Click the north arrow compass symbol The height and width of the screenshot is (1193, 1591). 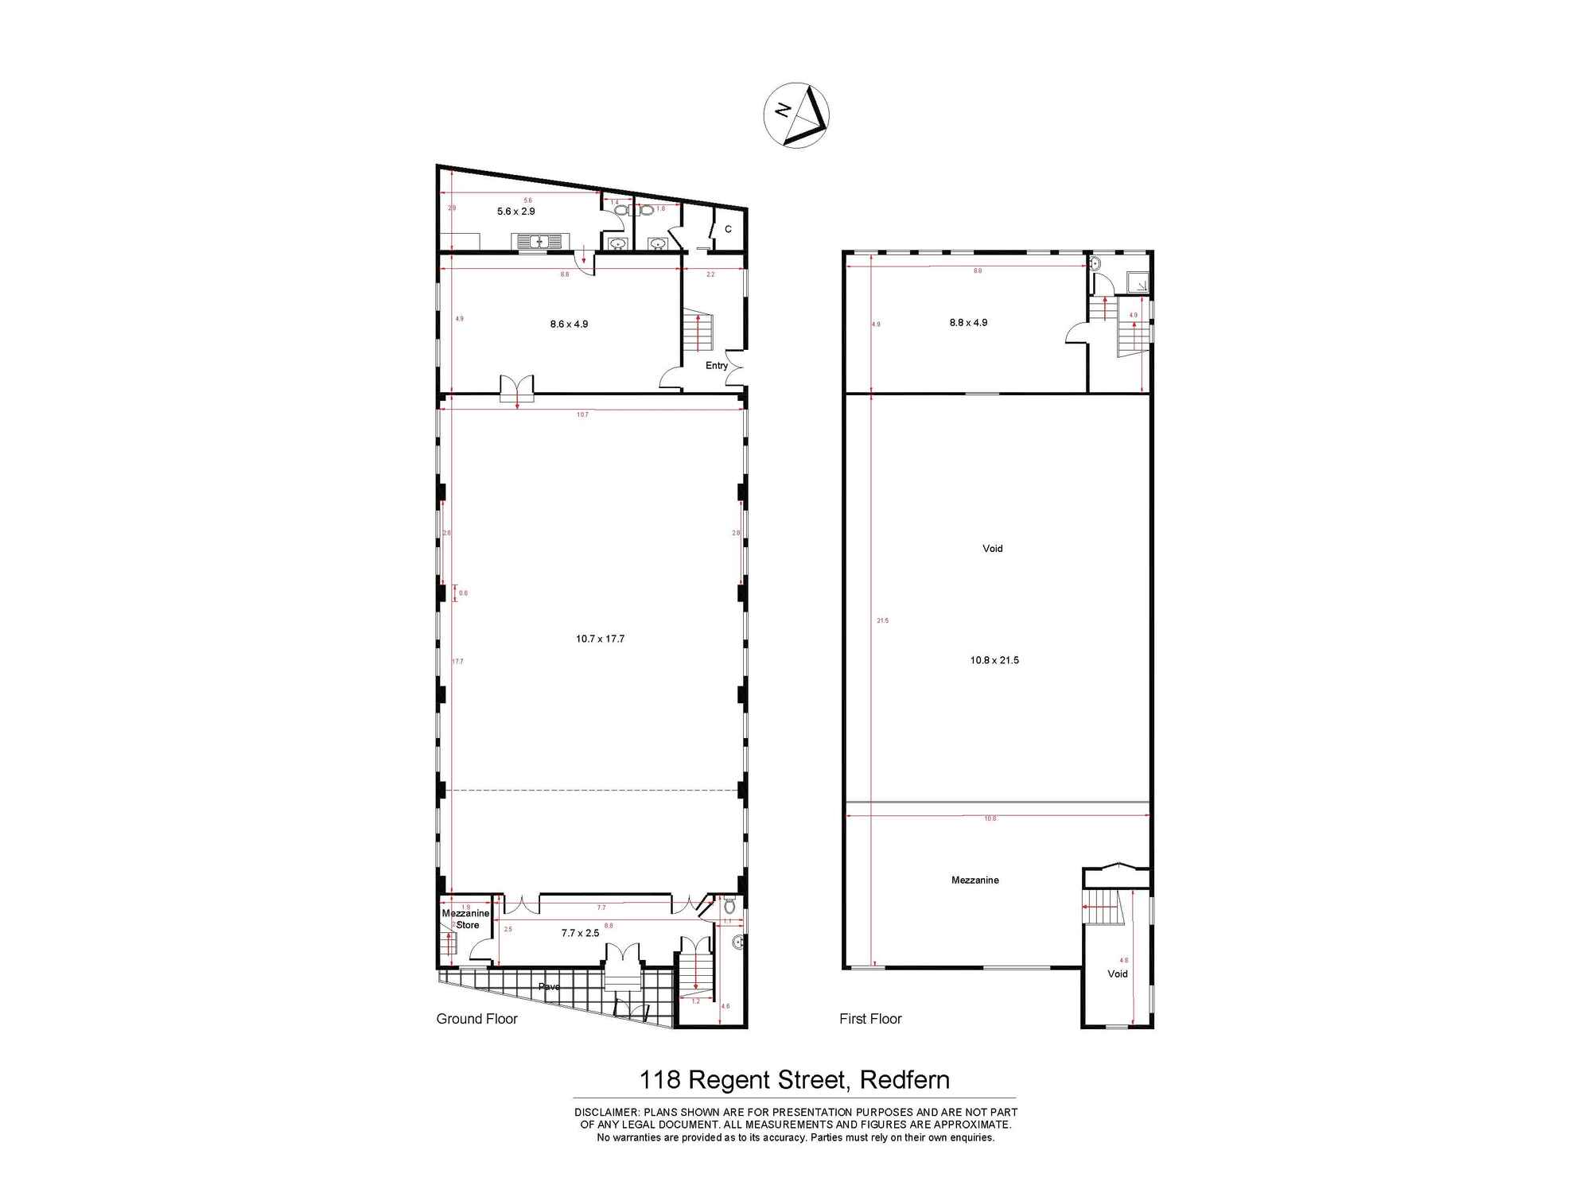tap(796, 115)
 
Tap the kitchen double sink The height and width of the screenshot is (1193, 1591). tap(540, 240)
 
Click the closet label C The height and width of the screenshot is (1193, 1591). tap(728, 229)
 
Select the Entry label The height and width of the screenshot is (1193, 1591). tap(716, 365)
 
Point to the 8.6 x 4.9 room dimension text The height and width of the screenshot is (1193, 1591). tap(569, 324)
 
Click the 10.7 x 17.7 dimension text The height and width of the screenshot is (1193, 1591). tap(600, 639)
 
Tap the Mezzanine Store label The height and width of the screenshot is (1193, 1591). tap(466, 919)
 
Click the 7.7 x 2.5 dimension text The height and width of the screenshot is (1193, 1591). tap(580, 933)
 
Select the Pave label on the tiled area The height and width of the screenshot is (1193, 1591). tap(549, 986)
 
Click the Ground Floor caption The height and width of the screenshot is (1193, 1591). tap(477, 1019)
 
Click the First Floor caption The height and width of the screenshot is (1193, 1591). tap(870, 1019)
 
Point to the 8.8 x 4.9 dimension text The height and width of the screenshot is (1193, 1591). tap(968, 322)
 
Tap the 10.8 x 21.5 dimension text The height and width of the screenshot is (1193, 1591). tap(994, 660)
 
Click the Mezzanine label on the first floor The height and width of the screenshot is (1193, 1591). tap(974, 880)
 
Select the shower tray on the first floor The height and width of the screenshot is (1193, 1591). tap(1138, 282)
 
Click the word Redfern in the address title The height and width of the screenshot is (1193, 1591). tap(904, 1080)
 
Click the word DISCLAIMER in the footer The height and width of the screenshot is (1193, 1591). tap(606, 1112)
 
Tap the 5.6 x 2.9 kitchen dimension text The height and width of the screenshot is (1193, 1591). tap(515, 212)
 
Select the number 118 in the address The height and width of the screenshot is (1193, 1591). tap(659, 1080)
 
